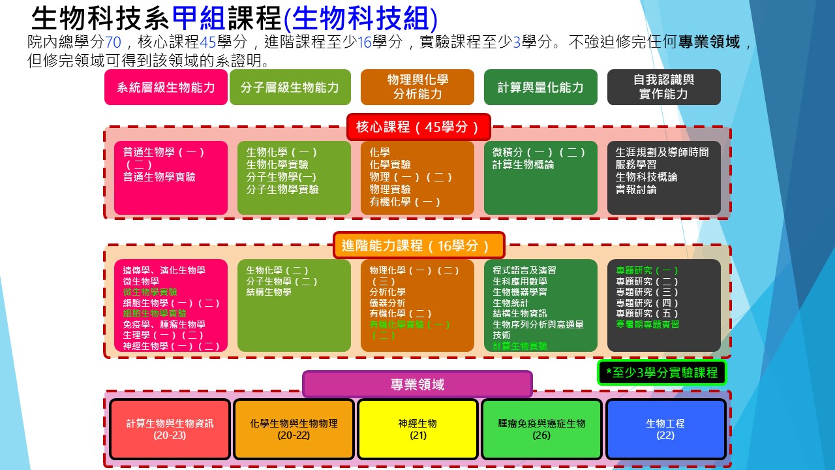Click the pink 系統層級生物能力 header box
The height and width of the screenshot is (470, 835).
click(x=166, y=87)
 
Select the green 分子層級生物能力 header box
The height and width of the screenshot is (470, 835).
click(x=290, y=87)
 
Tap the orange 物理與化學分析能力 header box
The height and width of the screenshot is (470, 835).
click(x=417, y=87)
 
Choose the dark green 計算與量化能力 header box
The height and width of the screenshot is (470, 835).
click(x=540, y=87)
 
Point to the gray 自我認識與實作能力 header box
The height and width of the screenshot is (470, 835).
click(x=663, y=87)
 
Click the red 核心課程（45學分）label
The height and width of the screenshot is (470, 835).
click(x=417, y=127)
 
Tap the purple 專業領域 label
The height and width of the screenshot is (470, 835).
click(x=417, y=384)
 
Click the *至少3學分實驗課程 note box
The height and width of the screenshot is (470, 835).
click(x=661, y=373)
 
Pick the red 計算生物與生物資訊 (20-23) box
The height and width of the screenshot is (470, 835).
click(x=170, y=429)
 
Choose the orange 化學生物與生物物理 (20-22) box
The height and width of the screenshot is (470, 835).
click(x=294, y=429)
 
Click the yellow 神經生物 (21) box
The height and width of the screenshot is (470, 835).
click(x=417, y=429)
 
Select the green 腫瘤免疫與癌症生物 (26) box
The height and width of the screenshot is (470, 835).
click(x=541, y=429)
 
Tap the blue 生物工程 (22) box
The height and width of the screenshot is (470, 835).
click(x=665, y=429)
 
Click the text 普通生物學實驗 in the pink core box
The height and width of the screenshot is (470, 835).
click(x=159, y=177)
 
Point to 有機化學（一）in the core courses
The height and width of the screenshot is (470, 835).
click(x=405, y=202)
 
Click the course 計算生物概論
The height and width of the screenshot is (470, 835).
click(x=523, y=164)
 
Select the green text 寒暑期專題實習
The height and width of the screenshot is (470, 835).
click(x=647, y=324)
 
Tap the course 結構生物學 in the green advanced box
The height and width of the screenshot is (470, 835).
click(x=269, y=292)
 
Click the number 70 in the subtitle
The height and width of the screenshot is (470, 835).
click(x=113, y=43)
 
